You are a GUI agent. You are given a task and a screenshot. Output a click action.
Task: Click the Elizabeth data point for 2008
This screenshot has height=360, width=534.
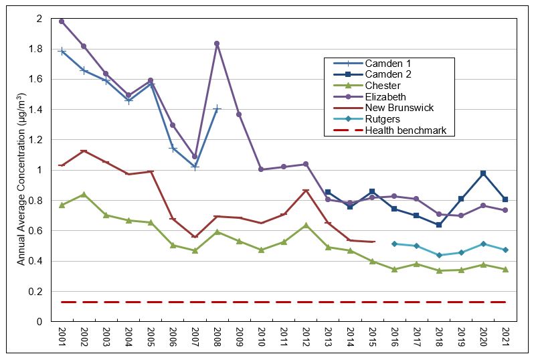pos(217,43)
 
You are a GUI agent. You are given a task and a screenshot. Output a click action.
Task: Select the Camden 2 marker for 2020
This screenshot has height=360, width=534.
pos(483,173)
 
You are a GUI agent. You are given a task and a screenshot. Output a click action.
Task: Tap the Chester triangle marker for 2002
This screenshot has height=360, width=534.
pos(84,195)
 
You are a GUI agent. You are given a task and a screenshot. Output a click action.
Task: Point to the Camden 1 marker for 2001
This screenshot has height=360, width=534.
pos(62,52)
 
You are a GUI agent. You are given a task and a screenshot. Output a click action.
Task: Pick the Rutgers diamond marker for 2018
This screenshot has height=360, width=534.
pos(439,255)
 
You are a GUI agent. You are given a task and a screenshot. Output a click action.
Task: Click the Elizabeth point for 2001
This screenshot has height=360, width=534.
pos(62,21)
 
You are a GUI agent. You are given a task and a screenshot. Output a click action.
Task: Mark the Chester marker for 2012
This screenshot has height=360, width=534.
pos(306,225)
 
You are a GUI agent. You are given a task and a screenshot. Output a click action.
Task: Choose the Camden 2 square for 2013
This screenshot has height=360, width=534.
pos(328,193)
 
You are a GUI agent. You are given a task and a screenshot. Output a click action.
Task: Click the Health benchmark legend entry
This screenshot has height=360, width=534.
pos(389,130)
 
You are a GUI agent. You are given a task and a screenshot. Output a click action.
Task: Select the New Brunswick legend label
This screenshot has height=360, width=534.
pos(399,108)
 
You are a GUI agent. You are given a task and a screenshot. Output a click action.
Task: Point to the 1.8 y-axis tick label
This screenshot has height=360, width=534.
pos(35,49)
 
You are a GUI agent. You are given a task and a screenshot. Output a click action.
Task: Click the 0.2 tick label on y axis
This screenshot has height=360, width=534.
pos(35,292)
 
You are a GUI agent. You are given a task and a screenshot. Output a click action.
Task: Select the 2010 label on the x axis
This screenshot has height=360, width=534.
pos(262,337)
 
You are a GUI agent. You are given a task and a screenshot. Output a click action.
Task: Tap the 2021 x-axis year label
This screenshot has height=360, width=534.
pos(505,337)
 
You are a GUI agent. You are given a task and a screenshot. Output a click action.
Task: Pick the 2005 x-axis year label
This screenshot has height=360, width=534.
pos(151,337)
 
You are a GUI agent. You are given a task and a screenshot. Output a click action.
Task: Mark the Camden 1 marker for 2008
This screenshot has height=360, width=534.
pos(217,109)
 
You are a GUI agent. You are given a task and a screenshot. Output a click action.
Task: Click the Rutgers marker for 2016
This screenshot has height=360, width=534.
pos(394,244)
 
